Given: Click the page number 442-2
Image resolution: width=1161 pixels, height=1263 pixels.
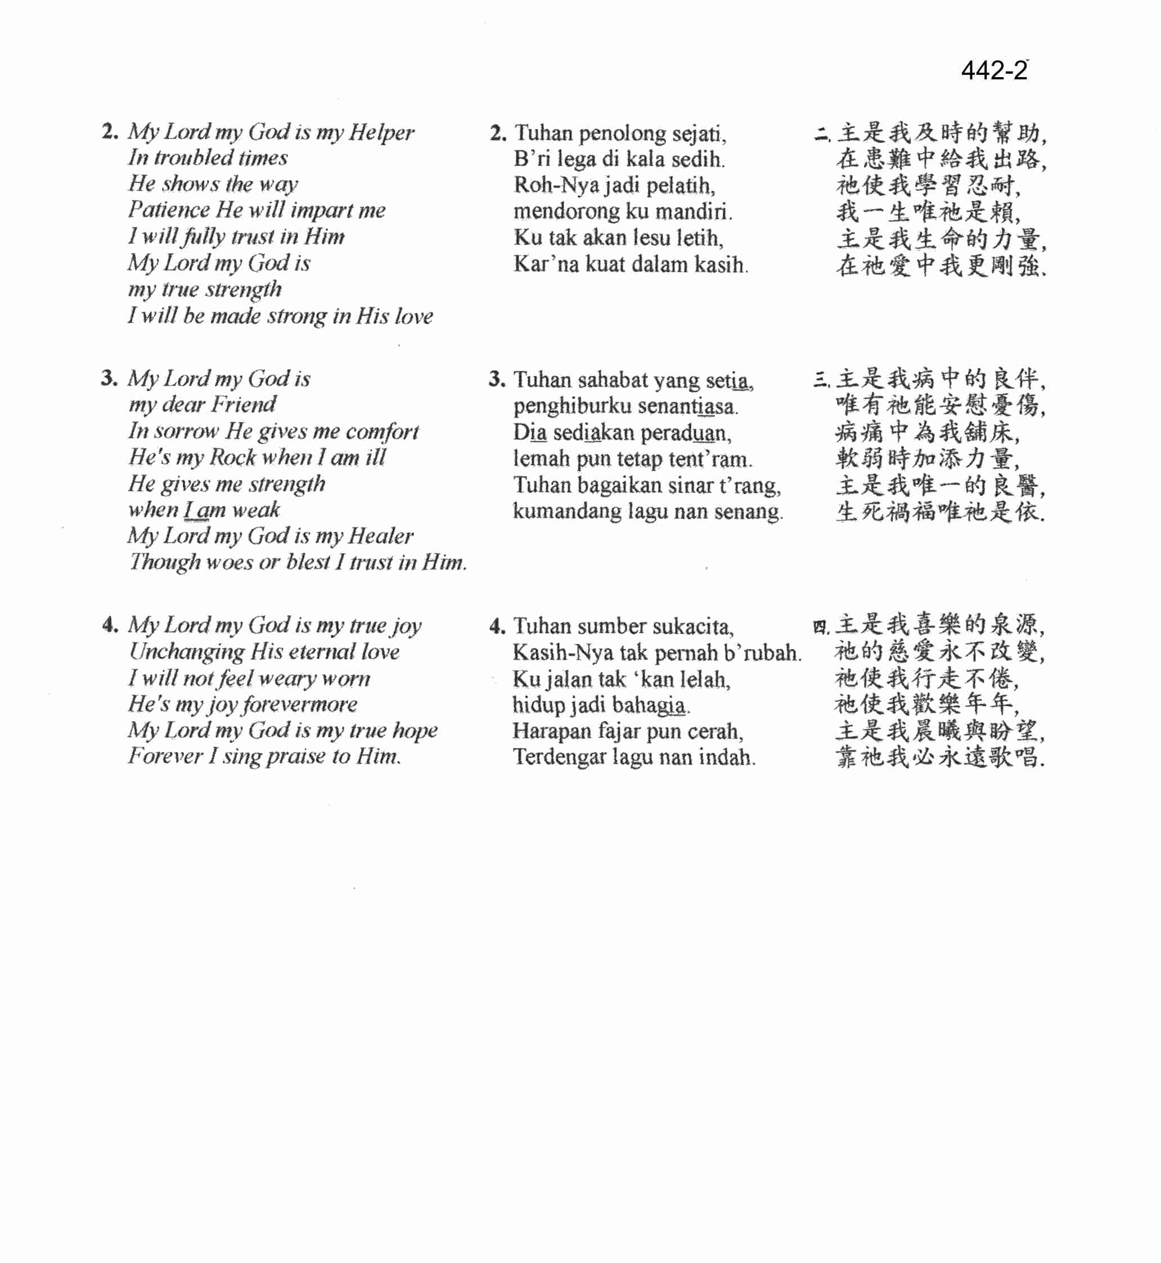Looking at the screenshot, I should (x=994, y=70).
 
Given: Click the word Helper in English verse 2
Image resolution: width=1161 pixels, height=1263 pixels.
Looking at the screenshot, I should (x=381, y=132).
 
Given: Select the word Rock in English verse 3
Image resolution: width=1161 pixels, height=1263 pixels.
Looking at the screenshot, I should (x=232, y=458).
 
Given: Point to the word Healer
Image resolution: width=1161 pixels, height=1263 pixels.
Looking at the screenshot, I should (x=381, y=536).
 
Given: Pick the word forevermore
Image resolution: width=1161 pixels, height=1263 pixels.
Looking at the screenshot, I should (x=300, y=705).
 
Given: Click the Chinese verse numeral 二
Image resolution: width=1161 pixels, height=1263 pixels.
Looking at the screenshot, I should (x=822, y=134).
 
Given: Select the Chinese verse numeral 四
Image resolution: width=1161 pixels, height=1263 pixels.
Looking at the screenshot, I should (x=820, y=627).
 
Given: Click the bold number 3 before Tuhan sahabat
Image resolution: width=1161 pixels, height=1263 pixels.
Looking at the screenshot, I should (x=496, y=379).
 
